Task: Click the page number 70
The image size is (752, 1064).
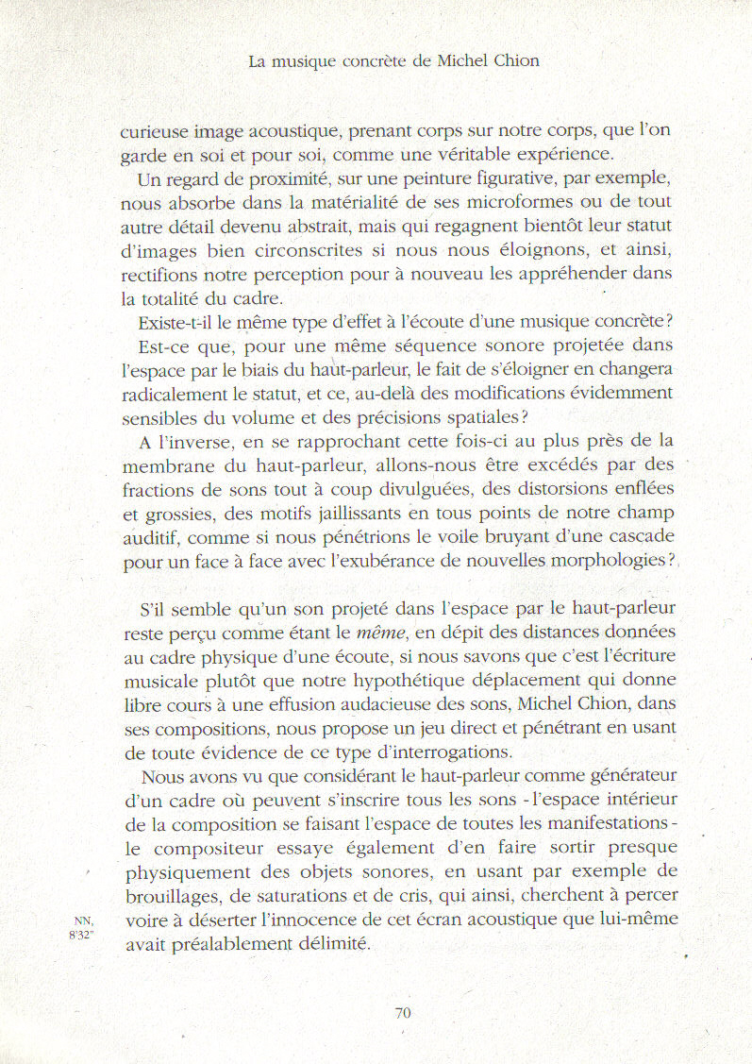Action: point(403,1013)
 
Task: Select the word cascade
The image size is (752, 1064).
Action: point(637,537)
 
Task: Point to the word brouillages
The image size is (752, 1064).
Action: point(173,896)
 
